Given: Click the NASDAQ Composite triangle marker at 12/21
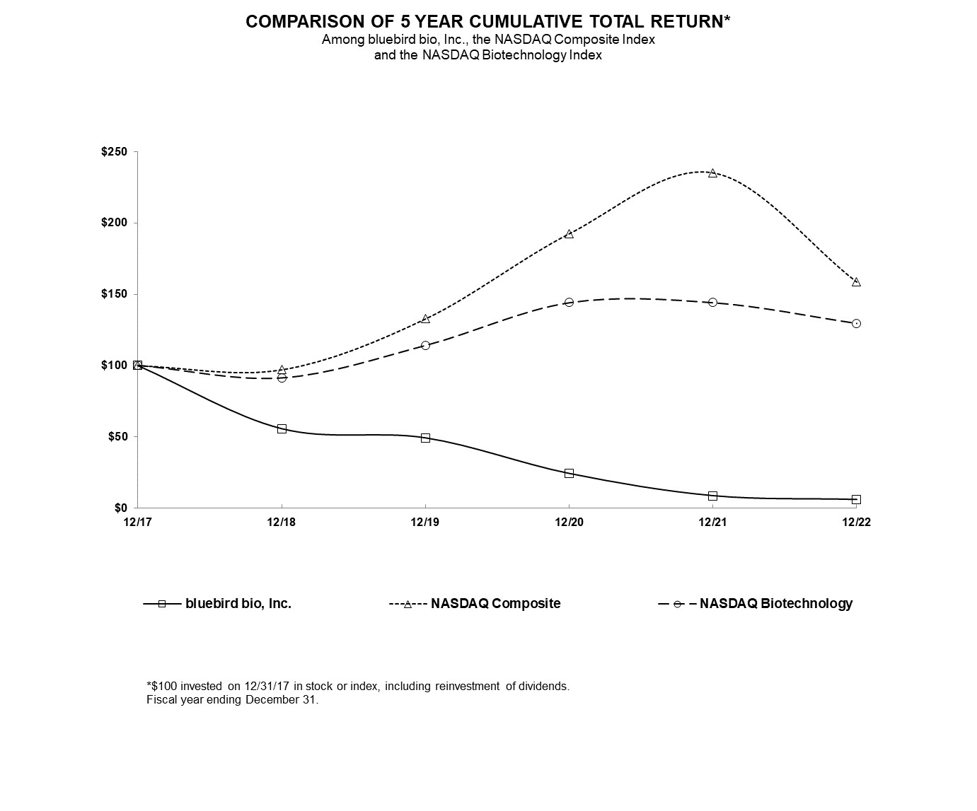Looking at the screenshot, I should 712,173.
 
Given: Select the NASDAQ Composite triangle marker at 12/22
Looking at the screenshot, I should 856,282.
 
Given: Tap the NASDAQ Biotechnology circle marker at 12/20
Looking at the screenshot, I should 569,302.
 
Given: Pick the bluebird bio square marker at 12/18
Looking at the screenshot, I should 282,428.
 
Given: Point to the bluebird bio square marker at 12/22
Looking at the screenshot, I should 856,499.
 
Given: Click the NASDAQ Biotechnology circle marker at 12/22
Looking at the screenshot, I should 856,323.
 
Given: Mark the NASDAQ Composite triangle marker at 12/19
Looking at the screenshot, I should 425,319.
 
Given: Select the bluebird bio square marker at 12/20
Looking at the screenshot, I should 569,473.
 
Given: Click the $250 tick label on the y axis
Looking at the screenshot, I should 114,152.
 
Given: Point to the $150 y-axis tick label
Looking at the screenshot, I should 114,294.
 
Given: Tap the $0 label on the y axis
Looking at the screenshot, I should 120,508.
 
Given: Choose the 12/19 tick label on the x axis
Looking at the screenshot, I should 425,523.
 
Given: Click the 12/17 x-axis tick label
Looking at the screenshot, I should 137,523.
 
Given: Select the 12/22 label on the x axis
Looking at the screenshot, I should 856,523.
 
